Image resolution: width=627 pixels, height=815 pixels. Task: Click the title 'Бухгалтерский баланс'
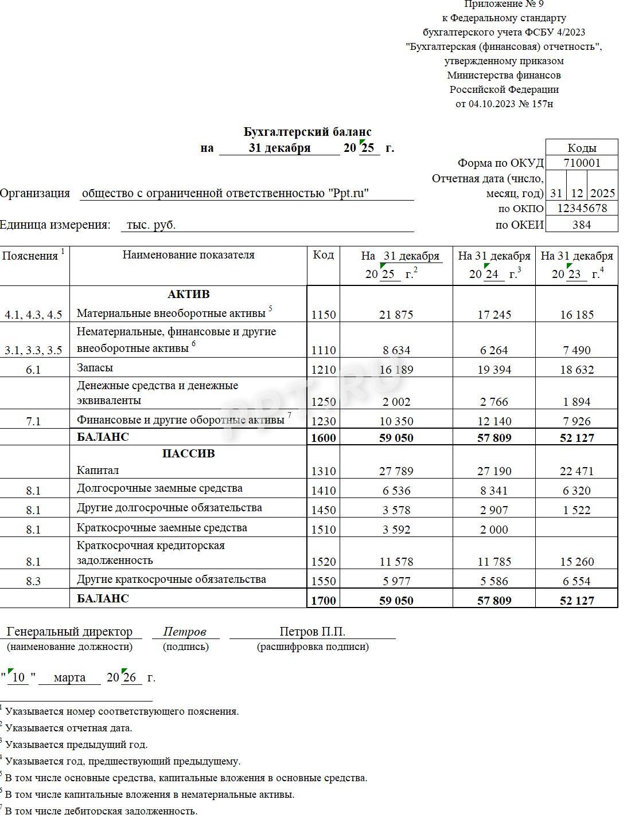(x=307, y=132)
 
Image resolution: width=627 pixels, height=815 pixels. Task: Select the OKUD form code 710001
(x=582, y=163)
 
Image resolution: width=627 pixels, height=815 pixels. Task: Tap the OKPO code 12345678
(x=582, y=208)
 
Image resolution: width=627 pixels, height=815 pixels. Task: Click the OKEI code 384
(x=582, y=225)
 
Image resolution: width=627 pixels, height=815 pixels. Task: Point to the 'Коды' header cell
(x=582, y=148)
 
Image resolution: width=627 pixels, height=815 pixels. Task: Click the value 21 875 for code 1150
(x=396, y=314)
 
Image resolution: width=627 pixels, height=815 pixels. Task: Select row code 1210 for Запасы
(x=324, y=370)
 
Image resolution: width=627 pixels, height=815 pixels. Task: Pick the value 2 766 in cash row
(x=494, y=402)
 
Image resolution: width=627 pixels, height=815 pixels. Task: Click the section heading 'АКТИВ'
(x=188, y=295)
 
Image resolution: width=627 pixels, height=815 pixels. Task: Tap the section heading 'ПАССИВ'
(x=188, y=453)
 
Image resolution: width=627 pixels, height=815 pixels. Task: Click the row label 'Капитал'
(x=98, y=471)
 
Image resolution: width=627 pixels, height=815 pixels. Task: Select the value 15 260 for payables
(x=577, y=562)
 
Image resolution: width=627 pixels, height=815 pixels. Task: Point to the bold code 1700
(x=324, y=601)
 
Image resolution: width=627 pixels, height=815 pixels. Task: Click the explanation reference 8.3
(x=34, y=581)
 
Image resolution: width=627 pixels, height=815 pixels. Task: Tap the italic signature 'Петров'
(x=185, y=632)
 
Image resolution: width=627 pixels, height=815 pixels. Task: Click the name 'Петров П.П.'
(x=312, y=632)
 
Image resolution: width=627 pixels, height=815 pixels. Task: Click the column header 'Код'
(x=324, y=255)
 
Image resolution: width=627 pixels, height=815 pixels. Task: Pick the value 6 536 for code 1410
(x=396, y=491)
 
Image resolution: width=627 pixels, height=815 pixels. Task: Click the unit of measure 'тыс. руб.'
(x=151, y=225)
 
